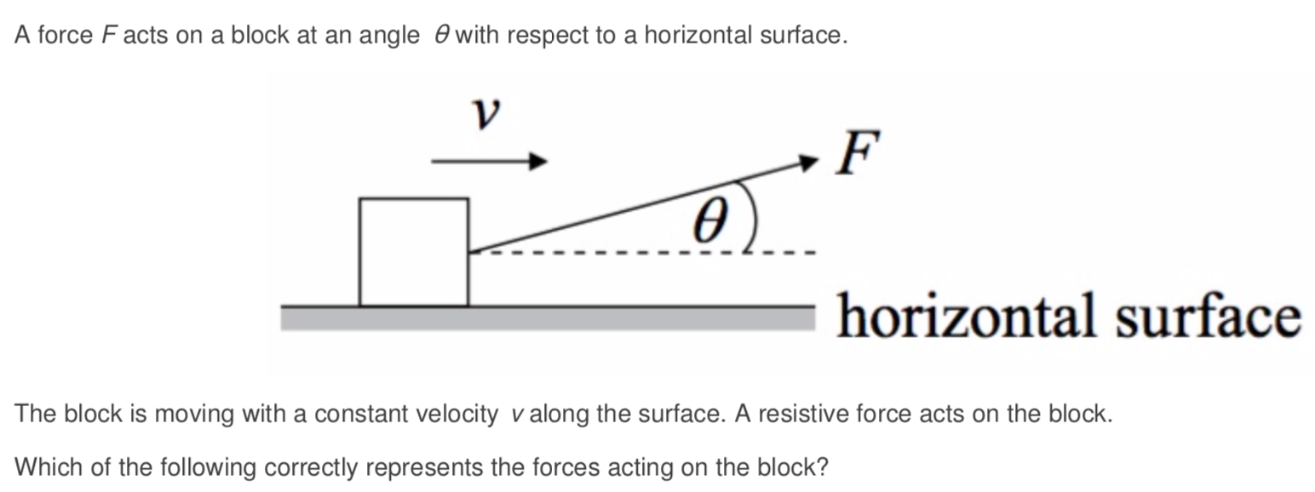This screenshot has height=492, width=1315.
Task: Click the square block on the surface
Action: pyautogui.click(x=413, y=252)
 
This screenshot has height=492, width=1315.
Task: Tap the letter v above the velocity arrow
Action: pyautogui.click(x=485, y=114)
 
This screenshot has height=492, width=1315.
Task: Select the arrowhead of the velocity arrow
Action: pyautogui.click(x=537, y=161)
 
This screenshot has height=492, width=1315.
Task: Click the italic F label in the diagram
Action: pyautogui.click(x=855, y=153)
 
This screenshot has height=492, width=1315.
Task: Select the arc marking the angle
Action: pyautogui.click(x=750, y=216)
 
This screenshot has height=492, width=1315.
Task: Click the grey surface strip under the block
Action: pyautogui.click(x=545, y=318)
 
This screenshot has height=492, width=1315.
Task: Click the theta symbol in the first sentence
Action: pyautogui.click(x=439, y=36)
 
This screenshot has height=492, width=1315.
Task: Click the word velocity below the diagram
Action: pyautogui.click(x=458, y=415)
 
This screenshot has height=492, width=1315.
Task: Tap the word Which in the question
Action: pyautogui.click(x=42, y=466)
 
